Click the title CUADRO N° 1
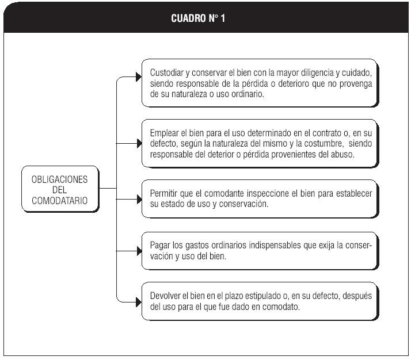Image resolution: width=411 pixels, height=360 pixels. point(198,18)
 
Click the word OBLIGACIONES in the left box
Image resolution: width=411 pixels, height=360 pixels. point(59,179)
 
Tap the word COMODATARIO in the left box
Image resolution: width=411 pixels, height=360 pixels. point(59,201)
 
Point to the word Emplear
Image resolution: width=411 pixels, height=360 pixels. point(164,133)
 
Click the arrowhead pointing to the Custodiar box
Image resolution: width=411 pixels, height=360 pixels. point(139,77)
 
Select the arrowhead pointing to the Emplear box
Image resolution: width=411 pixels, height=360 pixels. point(139,143)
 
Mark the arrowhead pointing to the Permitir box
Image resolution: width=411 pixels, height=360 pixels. point(139,199)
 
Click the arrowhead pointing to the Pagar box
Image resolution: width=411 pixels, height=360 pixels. point(139,251)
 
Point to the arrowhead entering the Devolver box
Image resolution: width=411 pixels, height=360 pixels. point(139,302)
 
